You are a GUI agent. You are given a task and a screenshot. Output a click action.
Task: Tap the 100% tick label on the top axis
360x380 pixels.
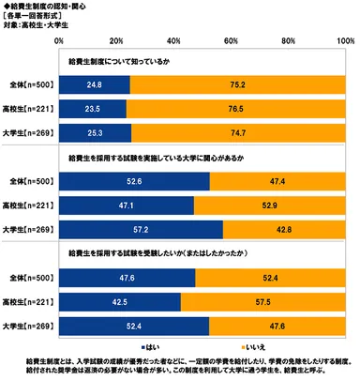point(345,42)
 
